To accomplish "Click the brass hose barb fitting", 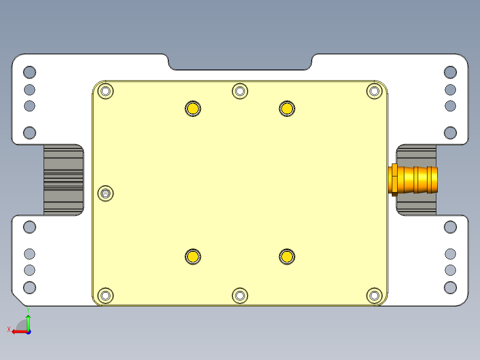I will click(414, 179).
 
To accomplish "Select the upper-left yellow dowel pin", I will click(193, 108).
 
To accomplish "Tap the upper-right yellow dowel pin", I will click(287, 108).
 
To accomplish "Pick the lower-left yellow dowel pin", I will click(193, 256).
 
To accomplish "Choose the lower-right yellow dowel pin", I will click(287, 256).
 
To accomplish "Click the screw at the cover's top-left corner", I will click(106, 91).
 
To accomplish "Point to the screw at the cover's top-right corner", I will click(374, 91).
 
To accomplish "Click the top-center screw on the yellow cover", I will click(240, 91).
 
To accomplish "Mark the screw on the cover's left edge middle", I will click(106, 193).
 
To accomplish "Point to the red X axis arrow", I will click(18, 331).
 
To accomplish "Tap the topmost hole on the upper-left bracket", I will click(29, 72).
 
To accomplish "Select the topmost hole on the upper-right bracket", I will click(450, 72).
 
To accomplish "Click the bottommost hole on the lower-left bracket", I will click(29, 287).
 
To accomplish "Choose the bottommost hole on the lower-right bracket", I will click(450, 287).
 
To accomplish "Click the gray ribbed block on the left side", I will click(63, 179).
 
